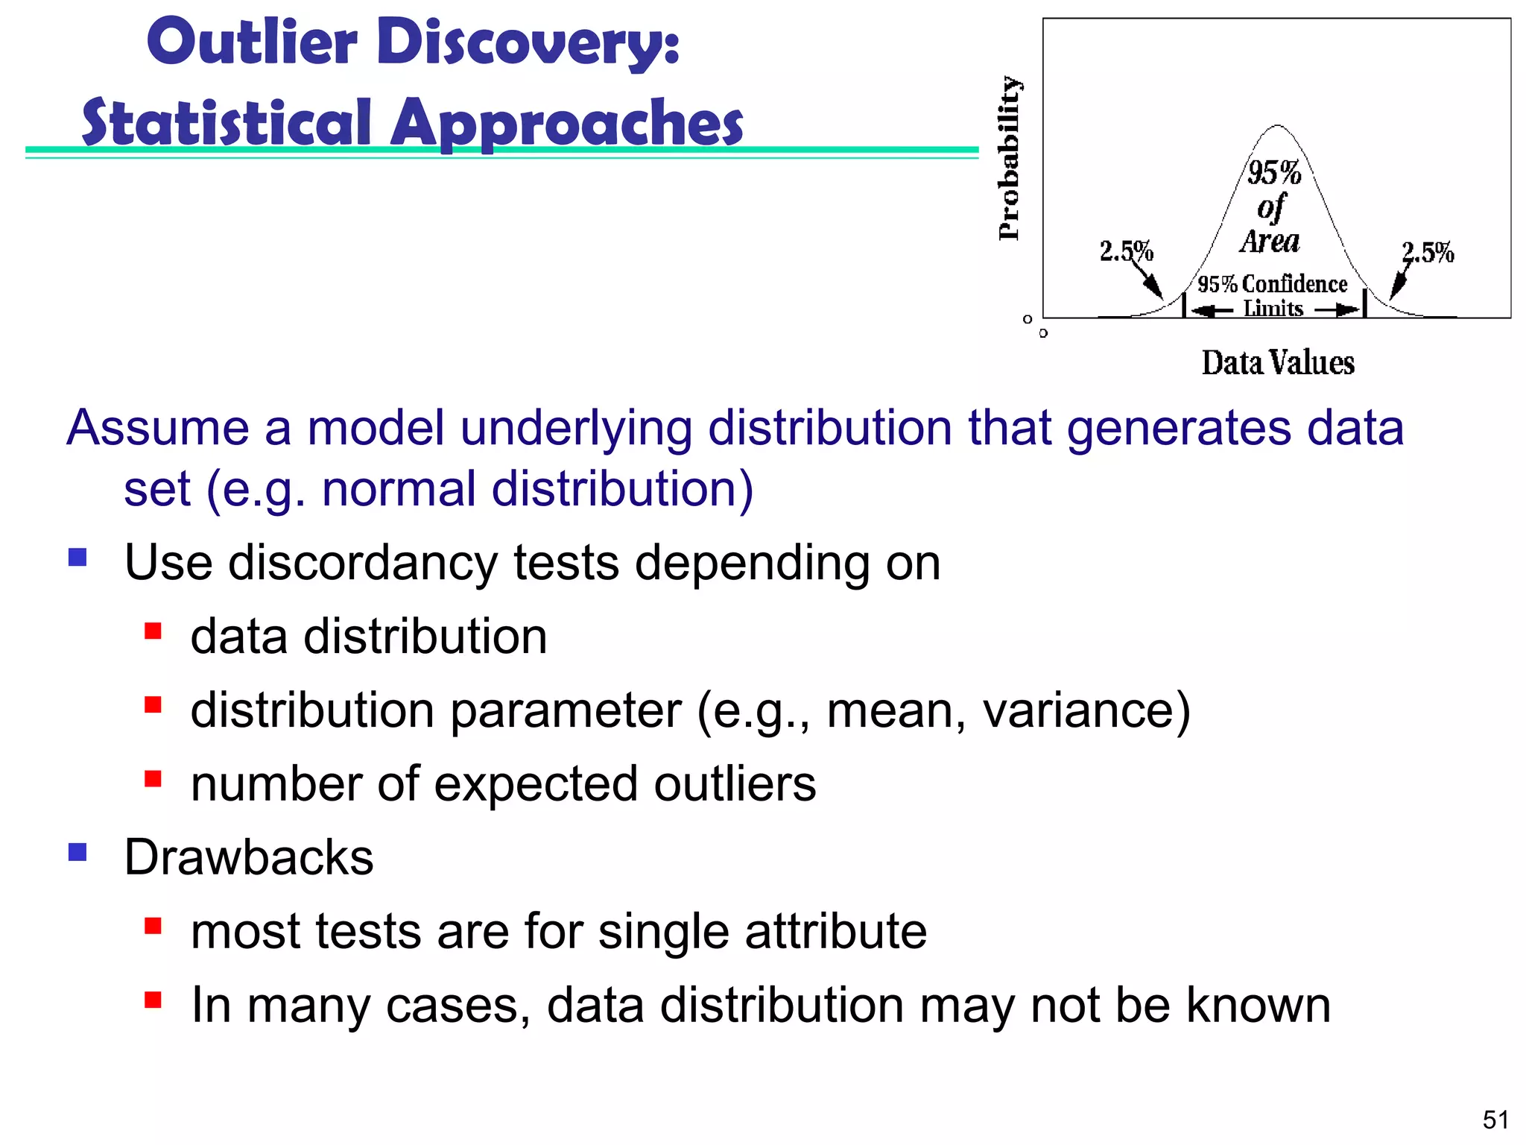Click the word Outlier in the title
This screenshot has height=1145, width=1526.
(252, 42)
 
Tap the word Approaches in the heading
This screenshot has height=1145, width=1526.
(568, 123)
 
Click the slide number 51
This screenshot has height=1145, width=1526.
(1495, 1120)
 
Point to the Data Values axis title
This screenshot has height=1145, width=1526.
(1278, 363)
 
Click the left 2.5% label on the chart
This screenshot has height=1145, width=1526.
(1126, 251)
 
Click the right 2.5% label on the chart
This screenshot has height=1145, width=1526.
(1428, 253)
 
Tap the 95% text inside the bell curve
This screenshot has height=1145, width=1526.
(1274, 173)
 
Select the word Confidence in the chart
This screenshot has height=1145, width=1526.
(1295, 284)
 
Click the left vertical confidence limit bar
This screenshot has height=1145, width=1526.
(1184, 305)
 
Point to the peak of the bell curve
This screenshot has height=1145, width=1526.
(1278, 126)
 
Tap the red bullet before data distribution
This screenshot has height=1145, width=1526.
(153, 631)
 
